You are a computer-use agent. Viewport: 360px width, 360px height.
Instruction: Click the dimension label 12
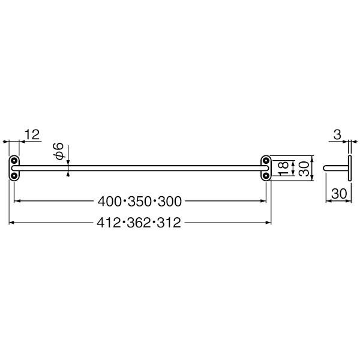click(x=32, y=135)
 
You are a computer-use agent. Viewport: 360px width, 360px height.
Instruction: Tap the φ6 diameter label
click(x=58, y=151)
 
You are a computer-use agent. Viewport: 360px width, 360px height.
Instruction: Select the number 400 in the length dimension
click(x=110, y=202)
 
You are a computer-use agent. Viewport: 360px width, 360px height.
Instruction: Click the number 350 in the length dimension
click(x=140, y=202)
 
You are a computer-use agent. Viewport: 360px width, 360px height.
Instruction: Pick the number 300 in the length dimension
click(x=170, y=202)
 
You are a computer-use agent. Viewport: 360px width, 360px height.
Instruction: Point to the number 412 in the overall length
click(x=109, y=223)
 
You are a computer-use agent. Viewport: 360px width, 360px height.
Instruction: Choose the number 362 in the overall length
click(x=139, y=223)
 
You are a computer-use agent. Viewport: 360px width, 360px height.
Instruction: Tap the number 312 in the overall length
click(x=169, y=223)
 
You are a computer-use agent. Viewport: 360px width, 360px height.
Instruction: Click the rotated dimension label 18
click(x=283, y=168)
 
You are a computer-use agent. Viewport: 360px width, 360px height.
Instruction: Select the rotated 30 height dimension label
click(x=304, y=169)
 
